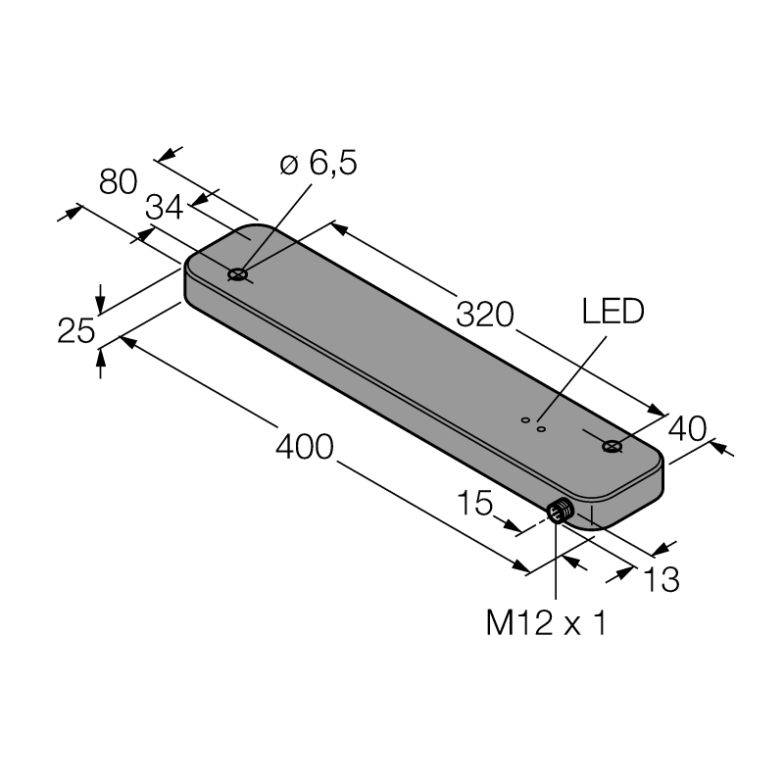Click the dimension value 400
(x=304, y=447)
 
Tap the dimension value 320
(x=485, y=315)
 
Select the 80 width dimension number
(x=118, y=181)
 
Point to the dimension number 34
(x=164, y=207)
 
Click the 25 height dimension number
(x=76, y=330)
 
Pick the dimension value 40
(x=688, y=428)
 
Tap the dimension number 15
(x=475, y=503)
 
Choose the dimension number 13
(x=661, y=579)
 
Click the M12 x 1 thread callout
(x=546, y=623)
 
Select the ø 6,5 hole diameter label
(x=318, y=163)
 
